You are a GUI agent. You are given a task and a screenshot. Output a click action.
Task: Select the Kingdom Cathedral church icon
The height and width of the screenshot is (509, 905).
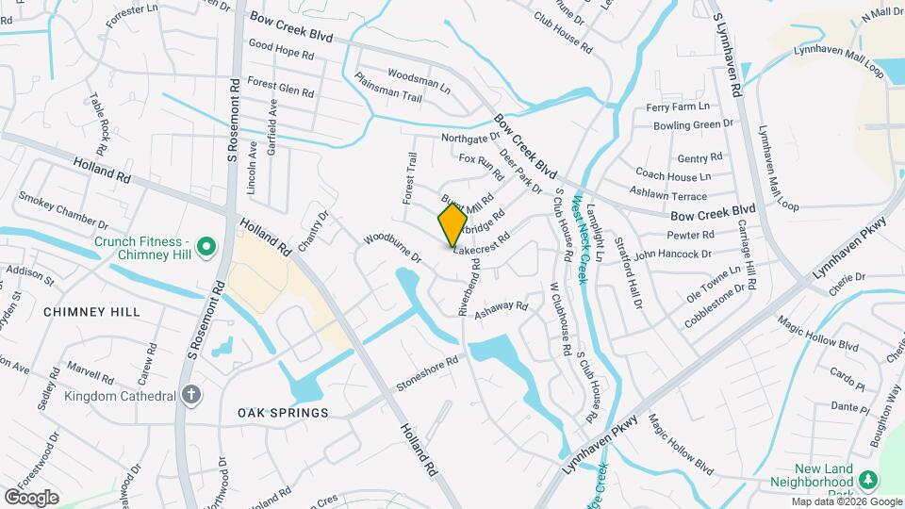pyautogui.click(x=192, y=394)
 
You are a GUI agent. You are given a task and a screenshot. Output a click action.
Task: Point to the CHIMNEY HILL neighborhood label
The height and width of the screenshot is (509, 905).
pyautogui.click(x=91, y=311)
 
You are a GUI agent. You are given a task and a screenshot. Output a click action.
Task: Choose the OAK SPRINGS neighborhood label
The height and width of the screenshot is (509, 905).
pyautogui.click(x=283, y=413)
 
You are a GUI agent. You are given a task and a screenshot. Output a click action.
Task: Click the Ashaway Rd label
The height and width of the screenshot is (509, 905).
pyautogui.click(x=502, y=308)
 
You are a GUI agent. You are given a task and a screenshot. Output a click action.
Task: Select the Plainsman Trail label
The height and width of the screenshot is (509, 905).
pyautogui.click(x=388, y=85)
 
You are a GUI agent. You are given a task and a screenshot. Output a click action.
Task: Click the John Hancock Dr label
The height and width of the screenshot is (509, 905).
pyautogui.click(x=673, y=254)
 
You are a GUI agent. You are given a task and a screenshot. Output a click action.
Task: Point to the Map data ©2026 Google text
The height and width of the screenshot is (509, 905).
pyautogui.click(x=845, y=502)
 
